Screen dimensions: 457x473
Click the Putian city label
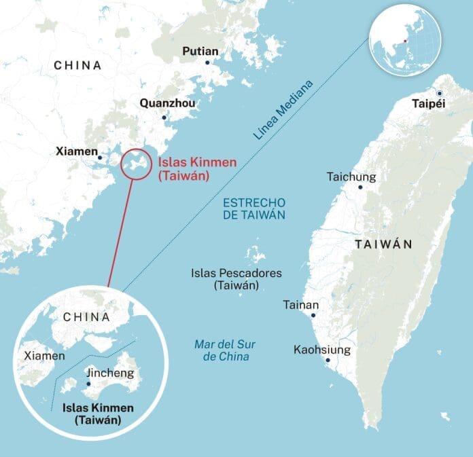coord(200,51)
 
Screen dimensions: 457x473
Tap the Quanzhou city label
coord(167,103)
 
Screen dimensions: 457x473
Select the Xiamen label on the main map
coord(76,151)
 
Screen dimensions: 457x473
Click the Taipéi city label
coord(430,104)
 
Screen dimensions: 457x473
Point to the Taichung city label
coord(351,176)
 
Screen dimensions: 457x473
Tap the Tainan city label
coord(300,305)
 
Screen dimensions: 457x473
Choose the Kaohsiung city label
coord(322,350)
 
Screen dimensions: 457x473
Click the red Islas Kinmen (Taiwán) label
coord(183,169)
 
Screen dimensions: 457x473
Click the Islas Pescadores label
coord(236,279)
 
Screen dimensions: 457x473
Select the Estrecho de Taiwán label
coord(253,208)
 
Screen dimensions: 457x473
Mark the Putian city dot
coord(207,62)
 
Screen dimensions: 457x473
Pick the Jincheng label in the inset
coord(110,373)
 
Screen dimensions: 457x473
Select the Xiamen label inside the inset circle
coord(44,355)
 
